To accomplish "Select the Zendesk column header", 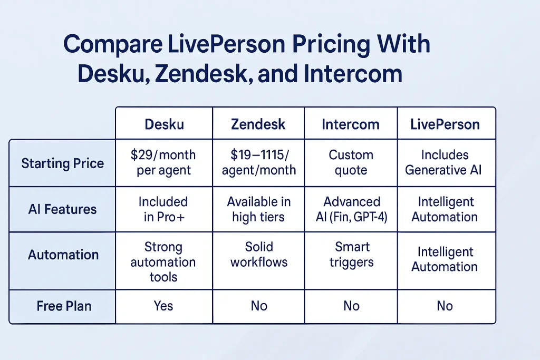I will pos(258,124).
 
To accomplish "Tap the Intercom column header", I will pos(351,124).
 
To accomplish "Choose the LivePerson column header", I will pos(445,124).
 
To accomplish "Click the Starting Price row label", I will pos(62,163).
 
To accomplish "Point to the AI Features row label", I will pos(62,209).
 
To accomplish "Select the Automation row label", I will pos(63,255).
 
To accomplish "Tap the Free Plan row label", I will pos(64,306).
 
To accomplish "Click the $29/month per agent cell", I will pos(163,162).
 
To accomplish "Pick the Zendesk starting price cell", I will pos(258,162).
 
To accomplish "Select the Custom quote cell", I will pos(351,162).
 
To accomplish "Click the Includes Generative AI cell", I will pos(445,162).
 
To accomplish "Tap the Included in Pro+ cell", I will pos(163,209).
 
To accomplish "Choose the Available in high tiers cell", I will pos(258,209).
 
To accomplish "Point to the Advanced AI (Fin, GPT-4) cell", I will pos(351,209).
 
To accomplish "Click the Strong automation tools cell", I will pos(163,261).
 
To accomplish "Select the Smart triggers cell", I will pos(352,255).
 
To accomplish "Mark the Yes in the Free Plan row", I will pos(163,306).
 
